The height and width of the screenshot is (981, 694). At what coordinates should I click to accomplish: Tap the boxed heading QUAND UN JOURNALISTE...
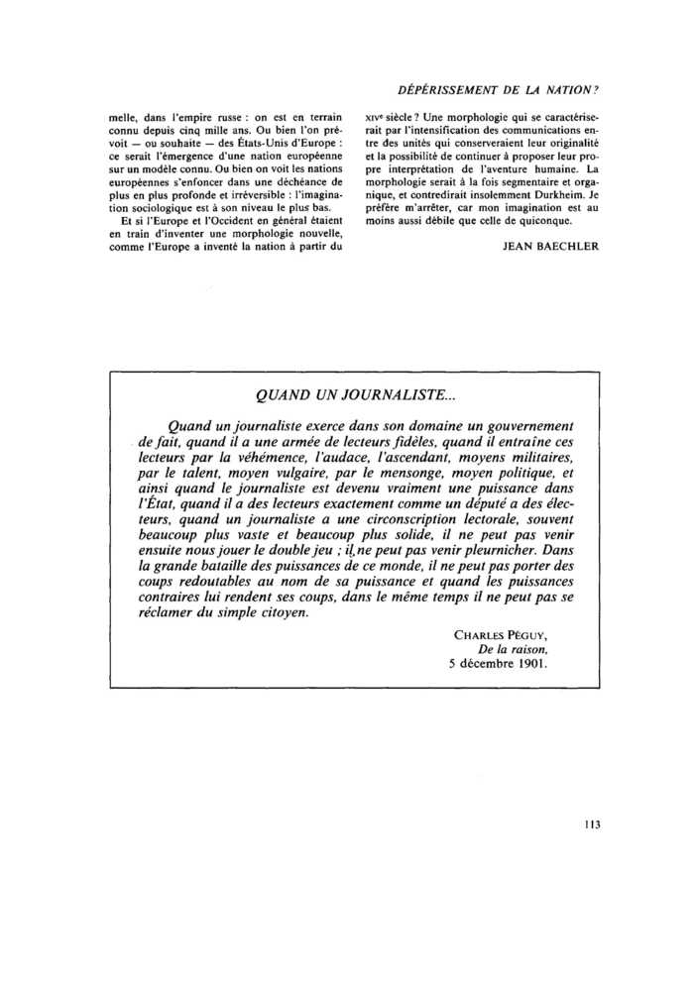coord(354,397)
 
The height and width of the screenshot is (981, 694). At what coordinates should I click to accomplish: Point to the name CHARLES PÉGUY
coord(501,633)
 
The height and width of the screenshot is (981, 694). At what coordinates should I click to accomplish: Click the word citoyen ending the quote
coord(279,611)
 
